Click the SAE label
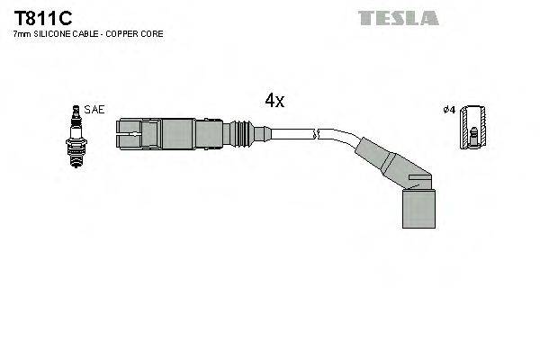point(94,110)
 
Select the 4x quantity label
point(274,101)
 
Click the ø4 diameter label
point(449,110)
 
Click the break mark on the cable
point(314,136)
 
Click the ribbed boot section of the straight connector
point(240,136)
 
